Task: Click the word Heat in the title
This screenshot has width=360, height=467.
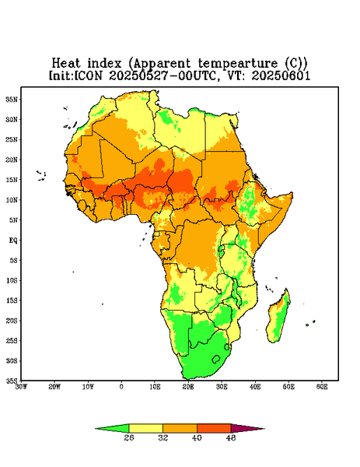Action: coord(66,64)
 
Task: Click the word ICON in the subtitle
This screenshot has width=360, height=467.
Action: coord(88,75)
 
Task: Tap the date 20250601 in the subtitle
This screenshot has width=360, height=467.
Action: coord(281,75)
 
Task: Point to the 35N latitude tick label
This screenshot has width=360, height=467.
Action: coord(12,100)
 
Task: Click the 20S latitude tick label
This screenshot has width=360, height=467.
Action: coord(12,321)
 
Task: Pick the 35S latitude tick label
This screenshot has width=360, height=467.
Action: coord(12,381)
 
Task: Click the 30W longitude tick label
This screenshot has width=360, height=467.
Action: coord(21,387)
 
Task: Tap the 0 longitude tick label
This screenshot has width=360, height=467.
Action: coord(121,387)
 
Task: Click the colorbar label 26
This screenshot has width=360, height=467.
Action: coord(129,437)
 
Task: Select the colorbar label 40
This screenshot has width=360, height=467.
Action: coord(197,437)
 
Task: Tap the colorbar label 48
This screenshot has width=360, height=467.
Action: coord(231,437)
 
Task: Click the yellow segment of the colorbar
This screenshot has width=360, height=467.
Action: coord(145,429)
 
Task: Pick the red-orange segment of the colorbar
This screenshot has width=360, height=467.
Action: coord(214,429)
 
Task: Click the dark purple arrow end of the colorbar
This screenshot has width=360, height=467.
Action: coord(244,429)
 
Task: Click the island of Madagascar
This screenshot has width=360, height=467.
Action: coord(278,318)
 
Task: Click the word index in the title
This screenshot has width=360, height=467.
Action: coord(105,64)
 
